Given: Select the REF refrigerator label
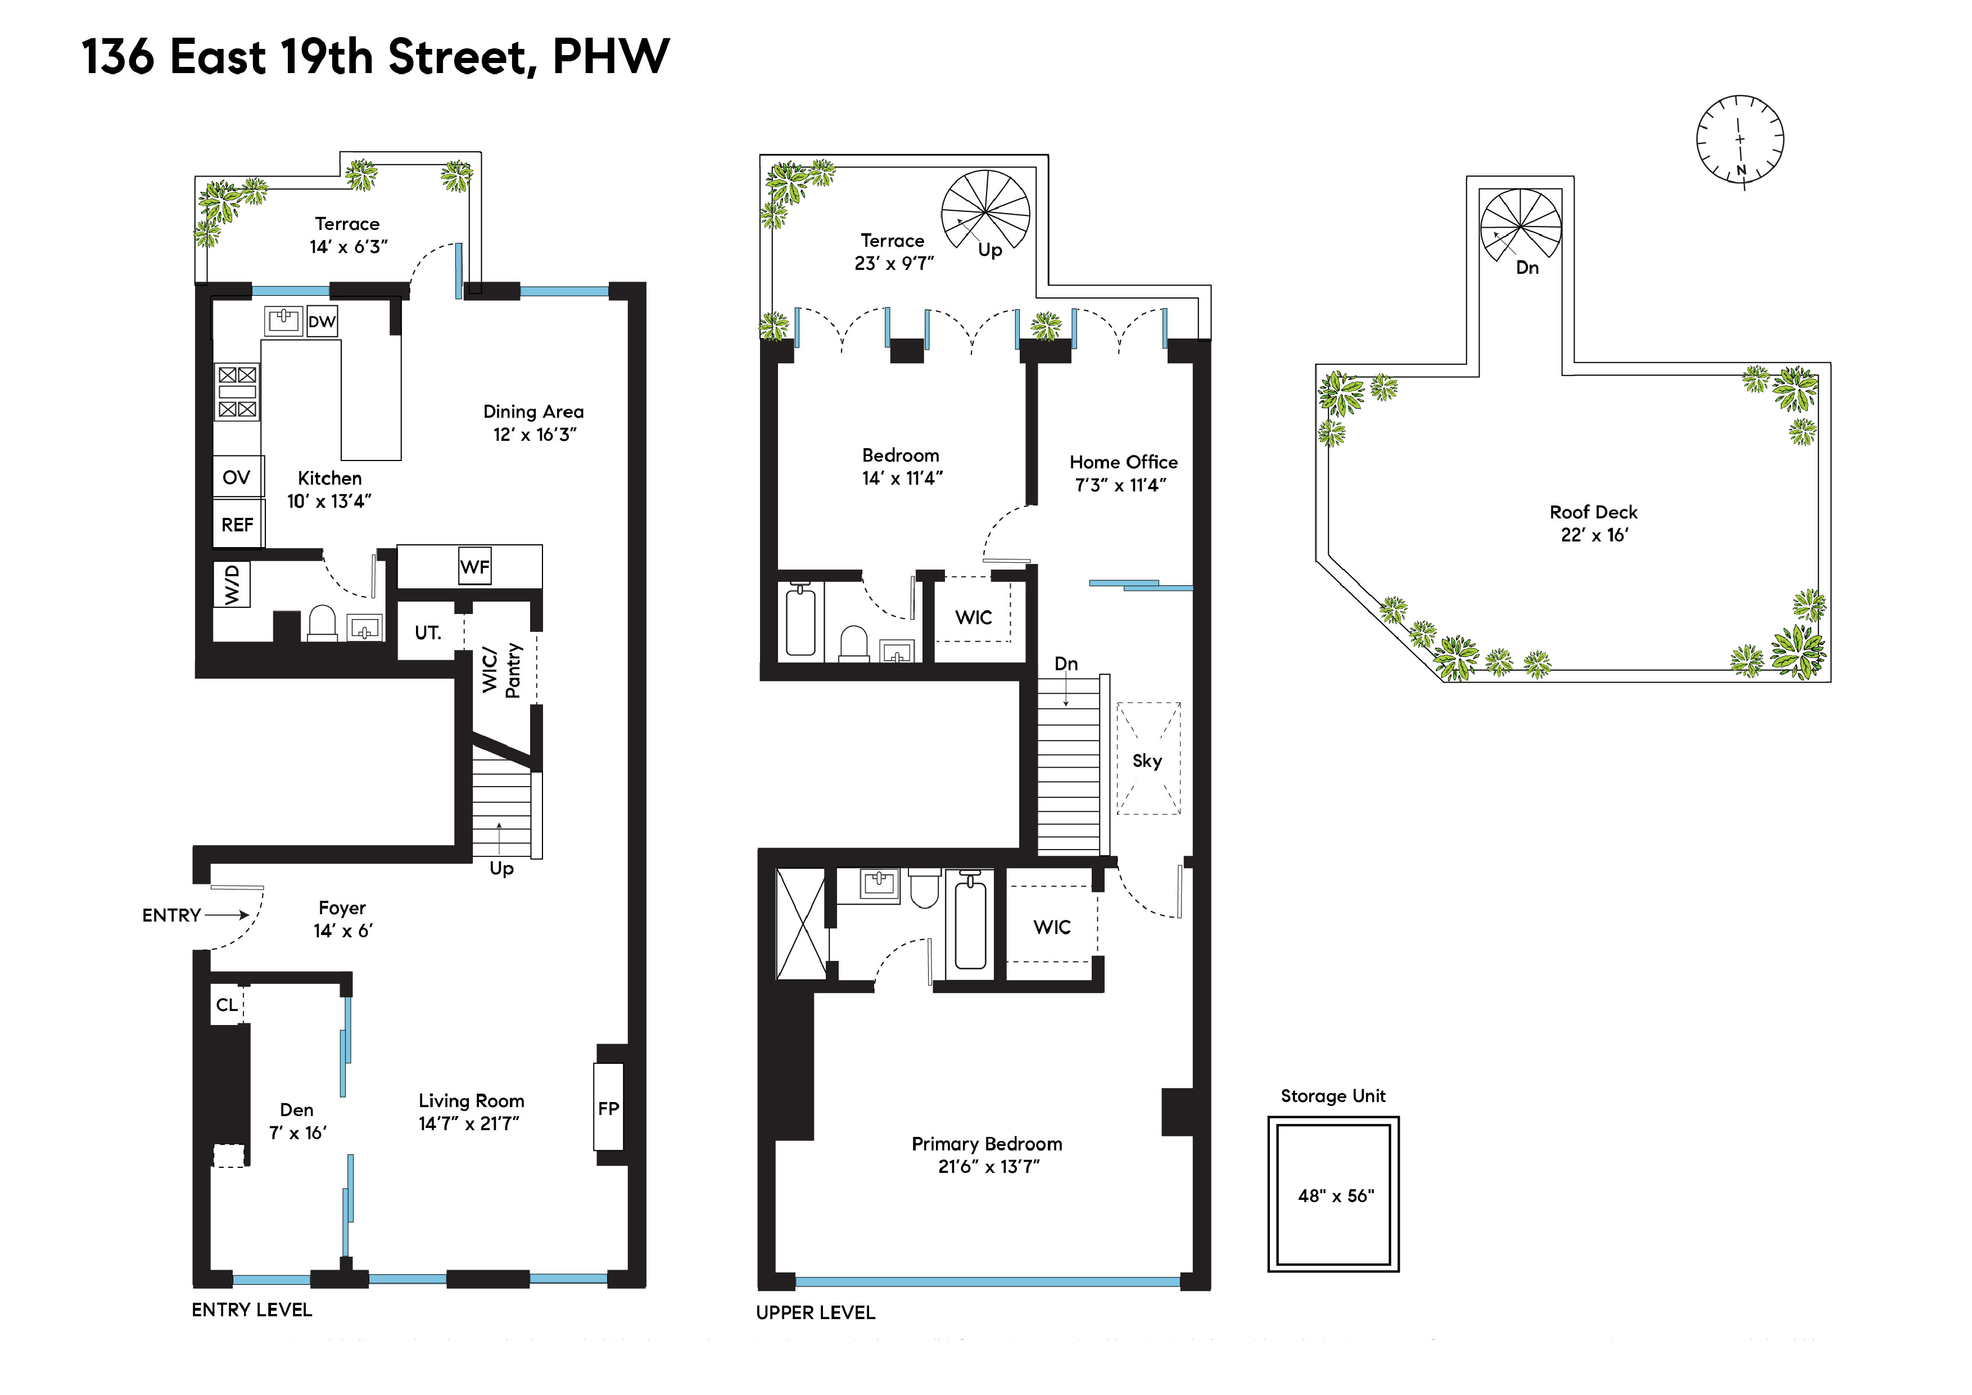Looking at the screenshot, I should tap(238, 525).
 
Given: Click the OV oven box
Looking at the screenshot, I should tap(237, 477).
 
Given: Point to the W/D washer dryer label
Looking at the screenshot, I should tap(232, 584).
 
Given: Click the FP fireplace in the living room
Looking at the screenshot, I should tap(608, 1108).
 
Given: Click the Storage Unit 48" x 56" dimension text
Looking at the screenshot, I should tap(1336, 1196).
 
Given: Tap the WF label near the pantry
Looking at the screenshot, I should tap(475, 567).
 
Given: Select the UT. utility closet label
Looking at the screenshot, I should tap(428, 633).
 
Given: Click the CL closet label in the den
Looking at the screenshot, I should tap(227, 1005).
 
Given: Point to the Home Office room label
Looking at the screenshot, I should tap(1123, 462).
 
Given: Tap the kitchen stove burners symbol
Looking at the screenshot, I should tap(237, 392).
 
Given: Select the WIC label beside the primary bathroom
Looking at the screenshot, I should tap(1052, 927).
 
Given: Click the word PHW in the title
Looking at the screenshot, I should tap(610, 57).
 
